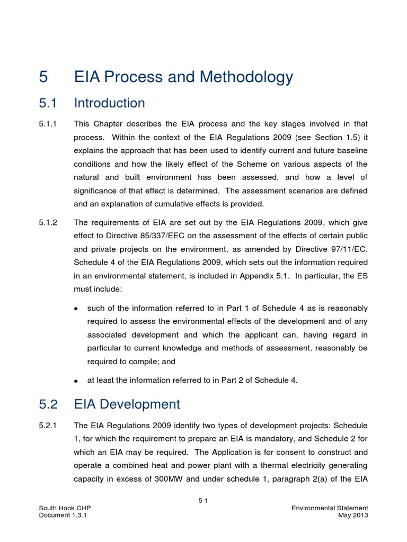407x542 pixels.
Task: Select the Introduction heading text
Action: (x=109, y=103)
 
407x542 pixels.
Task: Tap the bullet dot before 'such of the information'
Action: (x=76, y=309)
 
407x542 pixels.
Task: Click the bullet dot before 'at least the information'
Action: (x=76, y=381)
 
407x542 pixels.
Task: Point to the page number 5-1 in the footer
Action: (x=203, y=500)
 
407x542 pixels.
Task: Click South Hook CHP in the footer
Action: (x=60, y=508)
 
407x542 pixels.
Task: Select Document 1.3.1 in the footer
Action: (x=63, y=516)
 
